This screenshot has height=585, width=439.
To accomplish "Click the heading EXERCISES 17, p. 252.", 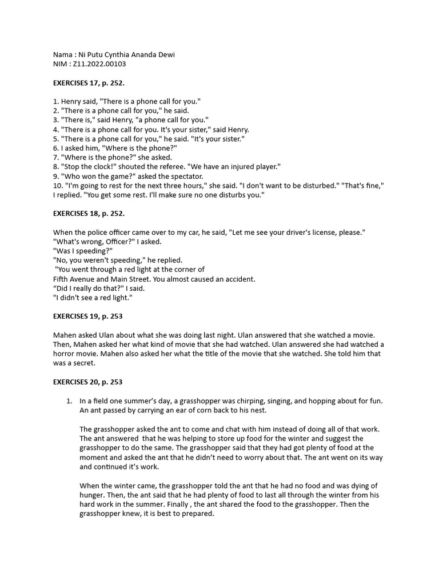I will click(89, 83).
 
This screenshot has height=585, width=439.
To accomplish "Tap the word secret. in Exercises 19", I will click(84, 363).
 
